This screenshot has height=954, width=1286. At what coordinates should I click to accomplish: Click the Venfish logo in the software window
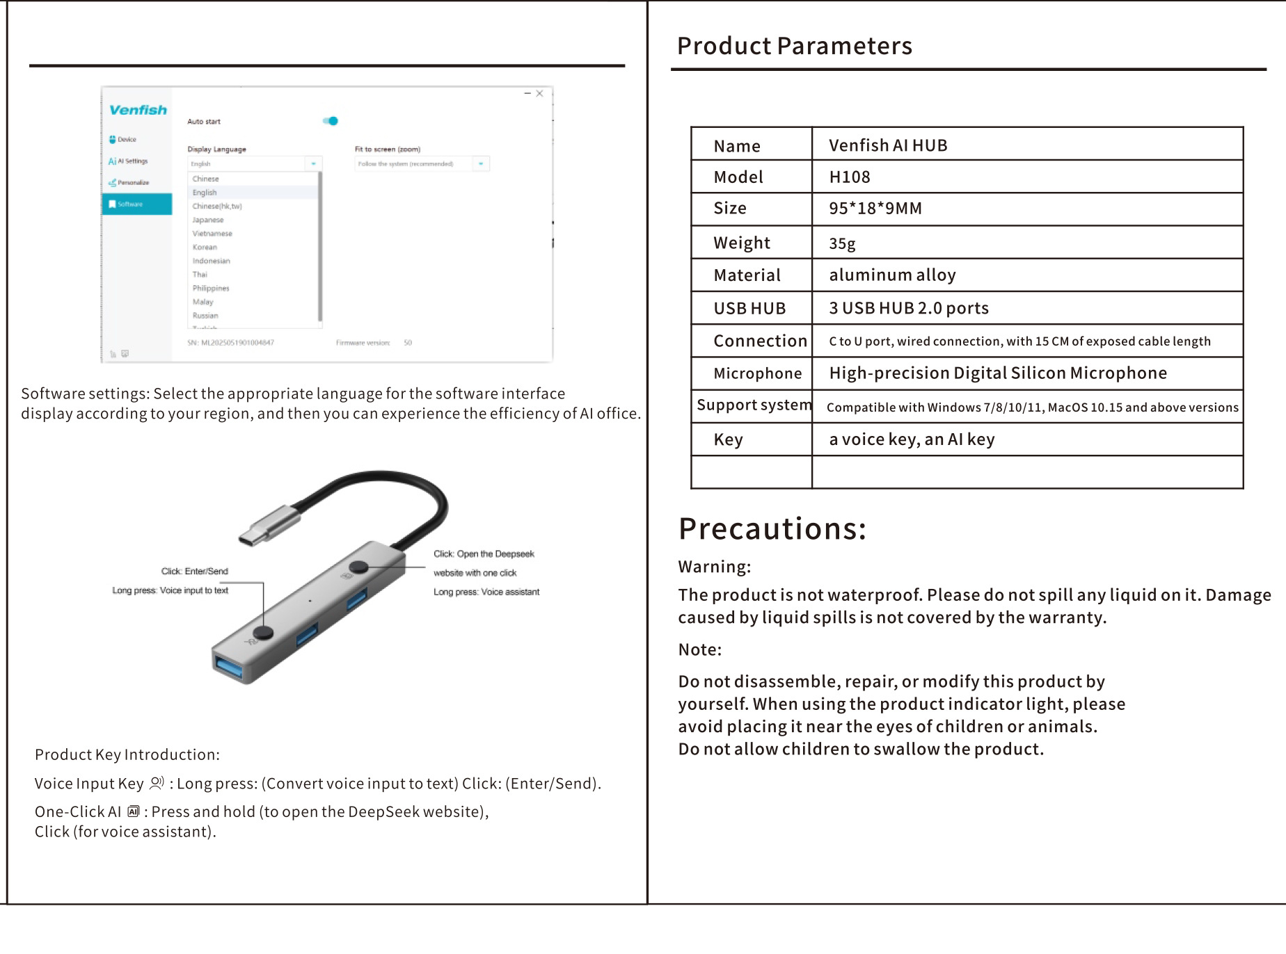tap(138, 110)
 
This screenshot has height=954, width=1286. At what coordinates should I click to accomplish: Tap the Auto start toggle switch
tap(331, 121)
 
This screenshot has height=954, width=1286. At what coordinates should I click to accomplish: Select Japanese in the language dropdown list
tap(208, 220)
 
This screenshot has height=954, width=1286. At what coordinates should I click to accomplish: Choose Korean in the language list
tap(205, 247)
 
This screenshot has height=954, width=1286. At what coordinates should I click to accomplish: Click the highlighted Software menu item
tap(136, 204)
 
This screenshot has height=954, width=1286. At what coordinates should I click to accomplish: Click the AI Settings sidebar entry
tap(129, 161)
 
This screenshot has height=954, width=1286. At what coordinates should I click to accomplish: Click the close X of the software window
tap(539, 93)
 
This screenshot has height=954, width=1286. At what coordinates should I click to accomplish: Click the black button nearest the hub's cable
tap(358, 567)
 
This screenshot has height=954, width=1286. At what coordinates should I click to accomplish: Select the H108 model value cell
tap(850, 177)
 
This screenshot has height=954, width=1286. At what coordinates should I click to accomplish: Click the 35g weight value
tap(842, 243)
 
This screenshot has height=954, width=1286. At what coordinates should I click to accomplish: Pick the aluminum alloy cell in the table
tap(892, 275)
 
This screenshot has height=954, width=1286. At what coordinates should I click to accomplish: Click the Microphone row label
tap(757, 374)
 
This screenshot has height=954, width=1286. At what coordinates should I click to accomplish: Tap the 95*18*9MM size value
tap(875, 209)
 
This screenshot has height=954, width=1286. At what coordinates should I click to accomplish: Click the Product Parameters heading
tap(794, 46)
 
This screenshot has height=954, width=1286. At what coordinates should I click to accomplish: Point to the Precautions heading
tap(772, 528)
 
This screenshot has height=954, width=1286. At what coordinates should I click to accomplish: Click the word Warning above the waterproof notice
tap(714, 567)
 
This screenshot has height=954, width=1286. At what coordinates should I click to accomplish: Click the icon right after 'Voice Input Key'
tap(157, 783)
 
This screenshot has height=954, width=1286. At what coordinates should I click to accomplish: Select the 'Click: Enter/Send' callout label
tap(195, 572)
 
